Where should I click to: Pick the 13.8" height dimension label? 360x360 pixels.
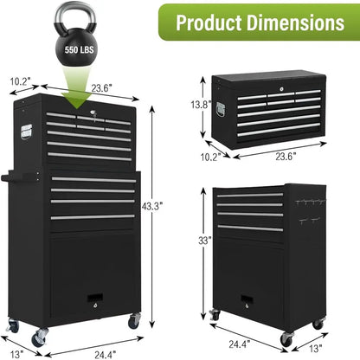point(200,104)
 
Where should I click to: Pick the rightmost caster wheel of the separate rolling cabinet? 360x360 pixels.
point(318,325)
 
